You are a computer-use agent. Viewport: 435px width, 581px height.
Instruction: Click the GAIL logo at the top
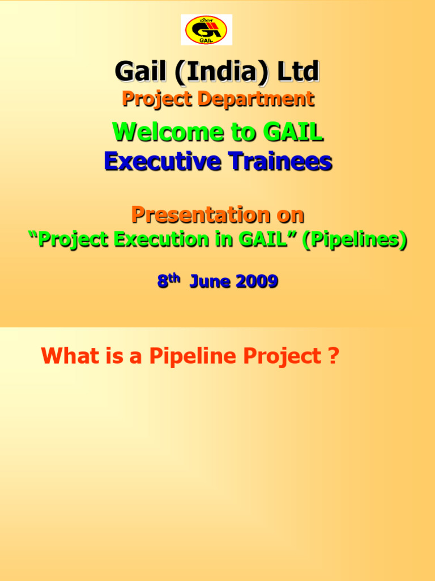pos(206,30)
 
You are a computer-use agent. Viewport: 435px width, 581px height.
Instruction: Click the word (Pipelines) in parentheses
pos(354,241)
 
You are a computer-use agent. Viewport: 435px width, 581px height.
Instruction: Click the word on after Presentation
pos(289,214)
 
